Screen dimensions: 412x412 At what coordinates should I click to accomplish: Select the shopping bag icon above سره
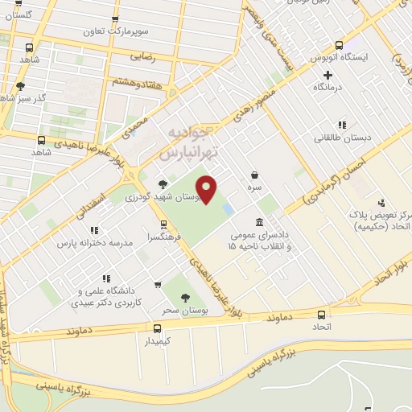coord(255,175)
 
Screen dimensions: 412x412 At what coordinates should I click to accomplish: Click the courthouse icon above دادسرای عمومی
coord(258,222)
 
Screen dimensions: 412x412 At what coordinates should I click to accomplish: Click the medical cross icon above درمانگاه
coord(328,75)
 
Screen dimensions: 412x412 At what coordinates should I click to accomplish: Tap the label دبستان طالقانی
coord(344,138)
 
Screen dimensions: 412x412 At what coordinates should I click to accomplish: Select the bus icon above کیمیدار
coord(157,328)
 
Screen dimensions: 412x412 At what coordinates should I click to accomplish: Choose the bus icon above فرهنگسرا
coord(164,225)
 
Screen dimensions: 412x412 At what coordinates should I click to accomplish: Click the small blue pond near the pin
coord(229,209)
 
